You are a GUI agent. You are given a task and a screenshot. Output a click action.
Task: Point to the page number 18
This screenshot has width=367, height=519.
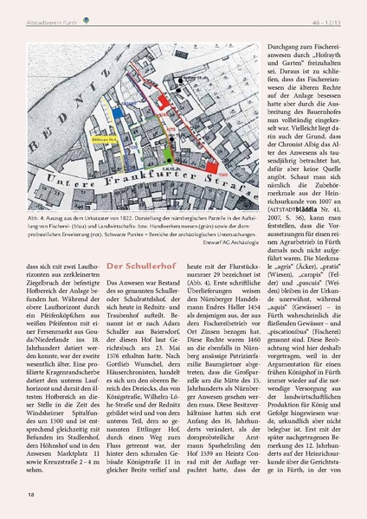click(32, 494)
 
